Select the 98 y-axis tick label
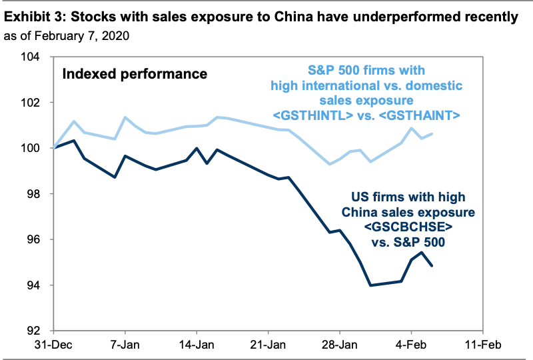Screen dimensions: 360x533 coord(34,194)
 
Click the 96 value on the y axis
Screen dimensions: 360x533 coord(34,240)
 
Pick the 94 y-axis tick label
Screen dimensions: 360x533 coord(34,285)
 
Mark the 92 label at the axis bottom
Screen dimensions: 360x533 coord(34,331)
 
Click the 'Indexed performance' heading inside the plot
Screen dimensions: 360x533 coord(135,73)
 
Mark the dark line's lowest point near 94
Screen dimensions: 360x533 coord(370,285)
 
